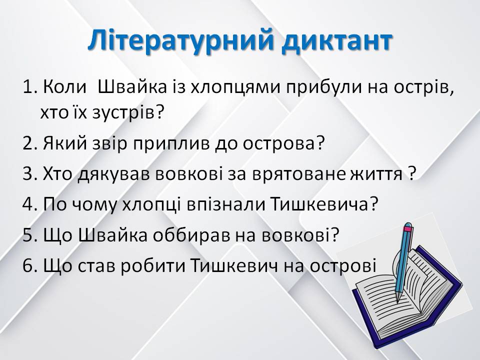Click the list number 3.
(x=28, y=174)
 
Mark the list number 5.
(x=28, y=234)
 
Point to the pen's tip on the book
(x=398, y=300)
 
